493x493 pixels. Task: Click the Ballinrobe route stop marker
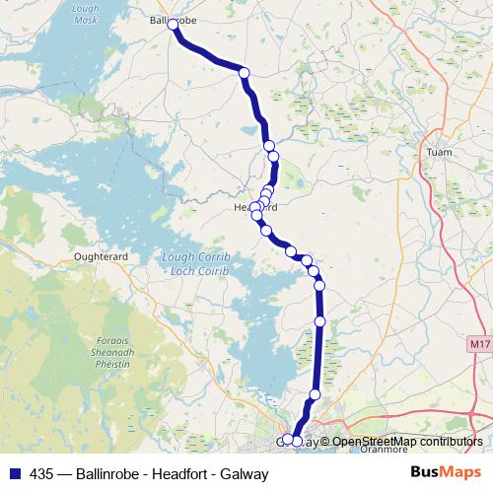[x=175, y=25]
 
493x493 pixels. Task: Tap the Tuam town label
[x=438, y=152]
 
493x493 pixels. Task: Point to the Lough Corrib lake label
[x=194, y=256]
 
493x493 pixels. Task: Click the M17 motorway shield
[x=478, y=343]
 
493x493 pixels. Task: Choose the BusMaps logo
[x=446, y=473]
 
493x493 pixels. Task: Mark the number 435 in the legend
[x=42, y=474]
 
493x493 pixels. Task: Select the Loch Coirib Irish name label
[x=194, y=268]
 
